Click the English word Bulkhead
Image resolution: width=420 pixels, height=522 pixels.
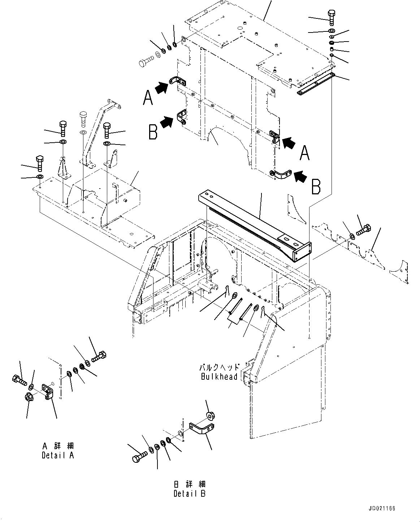(x=219, y=376)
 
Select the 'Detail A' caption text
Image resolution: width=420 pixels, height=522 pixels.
(x=58, y=455)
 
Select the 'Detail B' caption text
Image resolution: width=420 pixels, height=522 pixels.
(x=189, y=493)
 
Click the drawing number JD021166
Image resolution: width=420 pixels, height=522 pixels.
(x=382, y=508)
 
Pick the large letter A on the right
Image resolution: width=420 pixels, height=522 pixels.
(x=304, y=153)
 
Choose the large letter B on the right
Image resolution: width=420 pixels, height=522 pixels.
(x=316, y=187)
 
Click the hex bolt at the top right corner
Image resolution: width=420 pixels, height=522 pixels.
(x=332, y=17)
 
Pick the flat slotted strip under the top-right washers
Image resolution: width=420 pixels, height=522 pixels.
(x=316, y=84)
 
